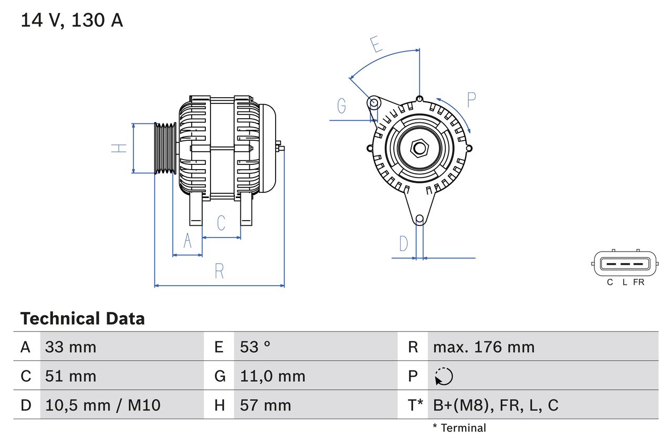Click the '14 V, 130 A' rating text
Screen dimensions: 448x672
click(71, 20)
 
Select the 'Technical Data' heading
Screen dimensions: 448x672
click(82, 319)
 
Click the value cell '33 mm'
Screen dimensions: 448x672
click(70, 347)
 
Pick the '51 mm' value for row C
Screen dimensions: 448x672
click(70, 376)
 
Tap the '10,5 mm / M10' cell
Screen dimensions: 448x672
click(102, 405)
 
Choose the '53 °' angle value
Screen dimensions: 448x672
click(255, 347)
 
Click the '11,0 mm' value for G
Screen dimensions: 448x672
click(272, 376)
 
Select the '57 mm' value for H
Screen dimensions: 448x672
click(265, 405)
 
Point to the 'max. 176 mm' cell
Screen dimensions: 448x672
click(484, 347)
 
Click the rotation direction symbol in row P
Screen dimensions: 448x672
click(444, 376)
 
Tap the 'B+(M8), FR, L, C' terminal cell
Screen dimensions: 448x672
click(496, 405)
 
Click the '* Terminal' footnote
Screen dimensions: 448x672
click(459, 428)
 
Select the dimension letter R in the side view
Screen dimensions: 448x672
click(219, 272)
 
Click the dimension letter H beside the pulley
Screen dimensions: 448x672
click(120, 148)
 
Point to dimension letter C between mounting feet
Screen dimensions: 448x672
click(221, 223)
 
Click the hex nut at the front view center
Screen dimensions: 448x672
click(419, 148)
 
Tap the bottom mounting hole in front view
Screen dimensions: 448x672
click(419, 219)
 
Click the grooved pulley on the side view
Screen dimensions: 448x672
click(165, 148)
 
